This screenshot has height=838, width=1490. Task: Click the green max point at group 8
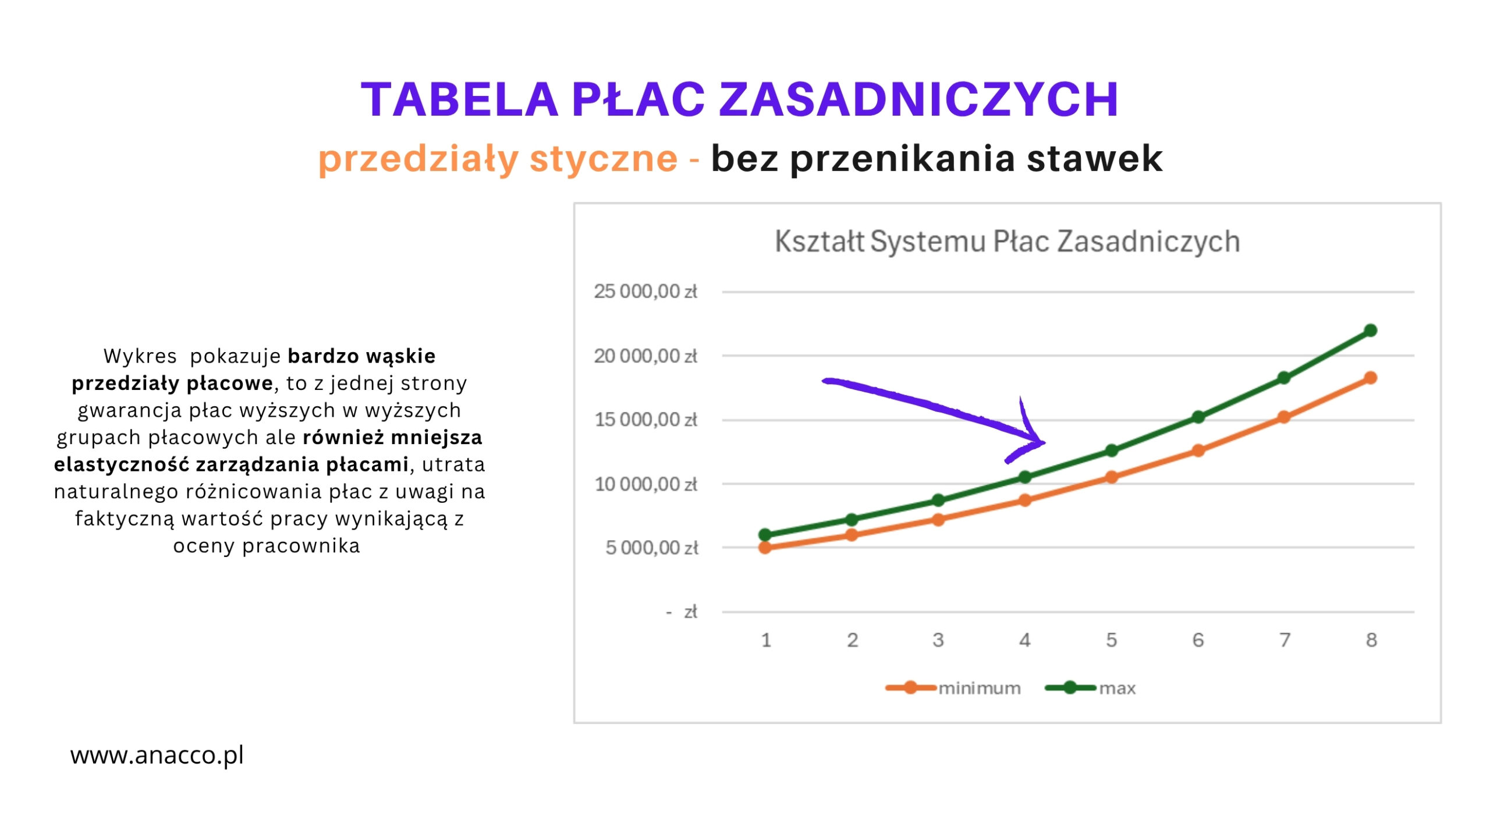pyautogui.click(x=1370, y=331)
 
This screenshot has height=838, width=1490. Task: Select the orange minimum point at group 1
pyautogui.click(x=765, y=548)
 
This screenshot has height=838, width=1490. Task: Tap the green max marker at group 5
pyautogui.click(x=1111, y=450)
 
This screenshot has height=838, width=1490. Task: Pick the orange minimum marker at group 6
pyautogui.click(x=1198, y=450)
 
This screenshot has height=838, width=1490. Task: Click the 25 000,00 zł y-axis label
pyautogui.click(x=645, y=292)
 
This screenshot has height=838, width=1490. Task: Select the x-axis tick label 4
pyautogui.click(x=1025, y=640)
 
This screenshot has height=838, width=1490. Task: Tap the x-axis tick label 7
pyautogui.click(x=1285, y=640)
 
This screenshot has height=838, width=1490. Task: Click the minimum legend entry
pyautogui.click(x=953, y=688)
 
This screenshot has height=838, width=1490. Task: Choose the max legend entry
pyautogui.click(x=1090, y=688)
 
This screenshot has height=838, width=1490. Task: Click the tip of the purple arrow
pyautogui.click(x=1045, y=443)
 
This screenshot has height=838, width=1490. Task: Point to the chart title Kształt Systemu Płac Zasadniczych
pyautogui.click(x=1007, y=242)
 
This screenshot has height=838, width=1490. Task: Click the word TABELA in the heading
pyautogui.click(x=459, y=99)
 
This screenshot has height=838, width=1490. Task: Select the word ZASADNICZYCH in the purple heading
pyautogui.click(x=919, y=99)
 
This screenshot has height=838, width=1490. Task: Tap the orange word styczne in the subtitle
pyautogui.click(x=604, y=158)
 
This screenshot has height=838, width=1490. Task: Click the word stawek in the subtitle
pyautogui.click(x=1094, y=158)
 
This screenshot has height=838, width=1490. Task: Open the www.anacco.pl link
pyautogui.click(x=157, y=755)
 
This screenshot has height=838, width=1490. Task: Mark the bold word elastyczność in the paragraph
pyautogui.click(x=122, y=464)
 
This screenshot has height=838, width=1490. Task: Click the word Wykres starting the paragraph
pyautogui.click(x=140, y=356)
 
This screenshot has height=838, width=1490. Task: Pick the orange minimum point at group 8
pyautogui.click(x=1370, y=378)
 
